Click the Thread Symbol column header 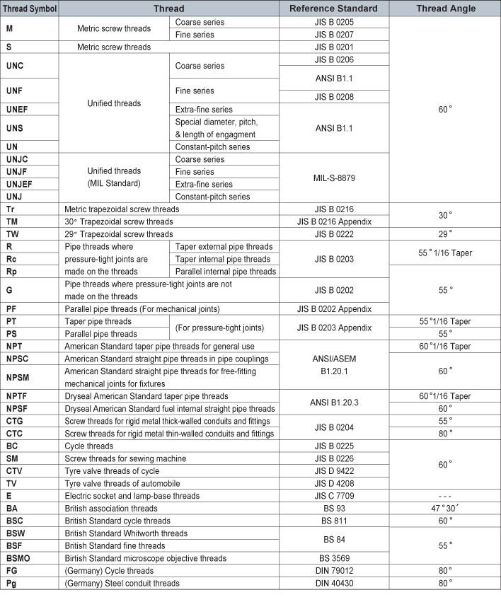click(30, 8)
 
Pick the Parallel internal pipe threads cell click(224, 271)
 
